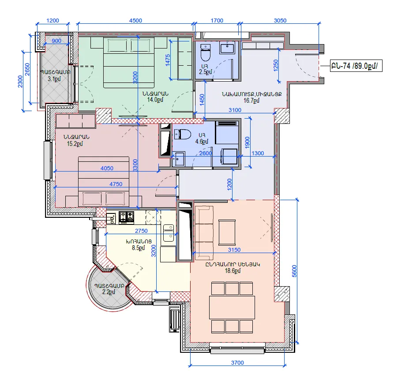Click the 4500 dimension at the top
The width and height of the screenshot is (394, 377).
tap(135, 21)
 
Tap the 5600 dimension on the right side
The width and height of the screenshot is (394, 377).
tap(294, 271)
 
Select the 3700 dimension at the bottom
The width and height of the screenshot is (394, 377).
tap(237, 363)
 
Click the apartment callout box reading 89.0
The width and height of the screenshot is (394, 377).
tap(356, 66)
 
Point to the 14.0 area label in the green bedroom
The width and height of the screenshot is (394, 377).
tap(155, 100)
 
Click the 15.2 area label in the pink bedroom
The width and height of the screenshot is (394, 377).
tap(75, 144)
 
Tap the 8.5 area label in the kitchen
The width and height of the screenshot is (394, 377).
tap(138, 248)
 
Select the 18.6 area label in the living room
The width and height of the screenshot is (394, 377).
tap(233, 271)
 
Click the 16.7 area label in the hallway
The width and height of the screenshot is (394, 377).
tap(251, 101)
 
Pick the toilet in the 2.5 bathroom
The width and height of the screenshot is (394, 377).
tap(206, 53)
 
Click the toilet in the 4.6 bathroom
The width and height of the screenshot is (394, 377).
tap(183, 134)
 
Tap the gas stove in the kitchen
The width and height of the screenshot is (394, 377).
tap(126, 217)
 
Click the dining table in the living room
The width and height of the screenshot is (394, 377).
tap(232, 307)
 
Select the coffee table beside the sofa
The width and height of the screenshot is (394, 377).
tap(227, 232)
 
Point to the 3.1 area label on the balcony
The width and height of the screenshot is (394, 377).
tap(54, 79)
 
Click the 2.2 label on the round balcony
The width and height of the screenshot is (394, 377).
tap(109, 292)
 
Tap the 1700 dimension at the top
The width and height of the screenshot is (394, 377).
tap(217, 21)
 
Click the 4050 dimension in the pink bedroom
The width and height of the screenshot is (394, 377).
tap(107, 168)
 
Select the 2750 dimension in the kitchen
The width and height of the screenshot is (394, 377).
tap(141, 231)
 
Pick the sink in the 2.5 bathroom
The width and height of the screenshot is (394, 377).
tap(227, 48)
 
